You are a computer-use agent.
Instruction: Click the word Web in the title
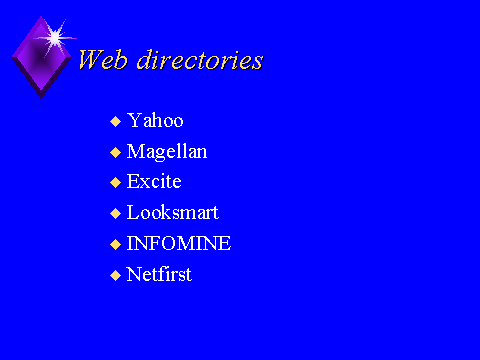[x=103, y=60]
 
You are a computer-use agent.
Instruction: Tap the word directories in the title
[x=200, y=60]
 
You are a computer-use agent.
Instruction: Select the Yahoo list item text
[x=155, y=120]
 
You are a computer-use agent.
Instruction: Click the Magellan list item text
[x=167, y=152]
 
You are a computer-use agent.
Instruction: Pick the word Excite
[x=154, y=181]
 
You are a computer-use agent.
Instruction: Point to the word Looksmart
[x=173, y=212]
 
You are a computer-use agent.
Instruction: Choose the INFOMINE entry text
[x=179, y=243]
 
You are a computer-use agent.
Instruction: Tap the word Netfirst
[x=159, y=274]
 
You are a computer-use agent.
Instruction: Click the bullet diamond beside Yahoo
[x=115, y=121]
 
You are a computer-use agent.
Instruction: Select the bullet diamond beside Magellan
[x=115, y=152]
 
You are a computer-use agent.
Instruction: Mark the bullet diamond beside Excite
[x=115, y=182]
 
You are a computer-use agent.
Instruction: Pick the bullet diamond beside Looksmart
[x=115, y=213]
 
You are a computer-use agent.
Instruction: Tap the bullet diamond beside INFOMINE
[x=115, y=244]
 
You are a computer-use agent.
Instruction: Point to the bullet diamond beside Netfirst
[x=115, y=275]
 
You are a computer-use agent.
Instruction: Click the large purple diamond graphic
[x=41, y=57]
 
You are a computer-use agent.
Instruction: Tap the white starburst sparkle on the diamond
[x=55, y=38]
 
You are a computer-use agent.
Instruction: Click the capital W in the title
[x=92, y=59]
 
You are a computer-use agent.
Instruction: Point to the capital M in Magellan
[x=136, y=151]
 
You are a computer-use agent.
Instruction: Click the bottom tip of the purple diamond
[x=41, y=99]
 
